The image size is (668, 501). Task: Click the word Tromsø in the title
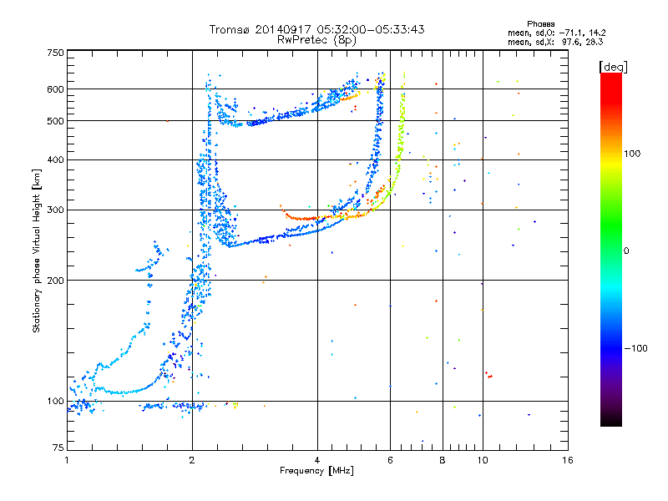click(x=227, y=29)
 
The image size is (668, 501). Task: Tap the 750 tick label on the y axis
click(x=55, y=52)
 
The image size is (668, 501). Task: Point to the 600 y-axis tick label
click(x=55, y=89)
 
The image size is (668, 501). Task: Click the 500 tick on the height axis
click(x=55, y=120)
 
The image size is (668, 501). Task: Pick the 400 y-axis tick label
click(x=55, y=159)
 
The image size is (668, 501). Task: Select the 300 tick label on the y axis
click(x=55, y=210)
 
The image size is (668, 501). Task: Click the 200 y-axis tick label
click(x=55, y=280)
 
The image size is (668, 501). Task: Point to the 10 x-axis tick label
click(x=482, y=460)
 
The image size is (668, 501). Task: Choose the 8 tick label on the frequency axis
click(x=443, y=460)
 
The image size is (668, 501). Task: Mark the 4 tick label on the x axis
click(x=317, y=460)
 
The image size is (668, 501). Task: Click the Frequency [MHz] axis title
click(x=317, y=471)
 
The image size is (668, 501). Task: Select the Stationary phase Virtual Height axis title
click(x=37, y=250)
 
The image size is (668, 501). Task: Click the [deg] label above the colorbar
click(x=613, y=66)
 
